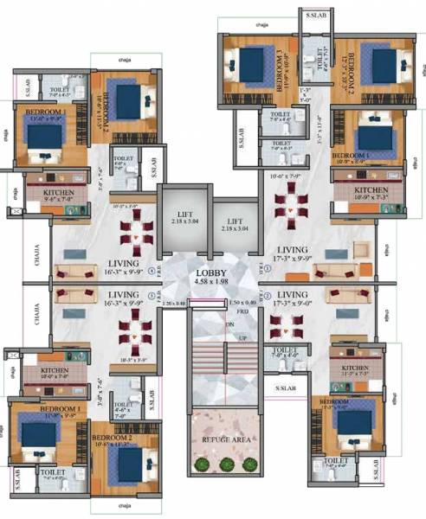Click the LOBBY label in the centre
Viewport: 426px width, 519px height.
click(212, 272)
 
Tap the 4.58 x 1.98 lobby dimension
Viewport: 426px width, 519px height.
click(212, 283)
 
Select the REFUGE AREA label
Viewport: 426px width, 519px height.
click(226, 440)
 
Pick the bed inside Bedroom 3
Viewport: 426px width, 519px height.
click(249, 62)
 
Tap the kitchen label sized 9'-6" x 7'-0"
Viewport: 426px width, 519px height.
click(47, 195)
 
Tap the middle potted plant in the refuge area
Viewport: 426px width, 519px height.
click(226, 465)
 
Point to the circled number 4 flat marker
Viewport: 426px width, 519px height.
click(153, 270)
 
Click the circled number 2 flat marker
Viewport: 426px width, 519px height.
click(268, 296)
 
